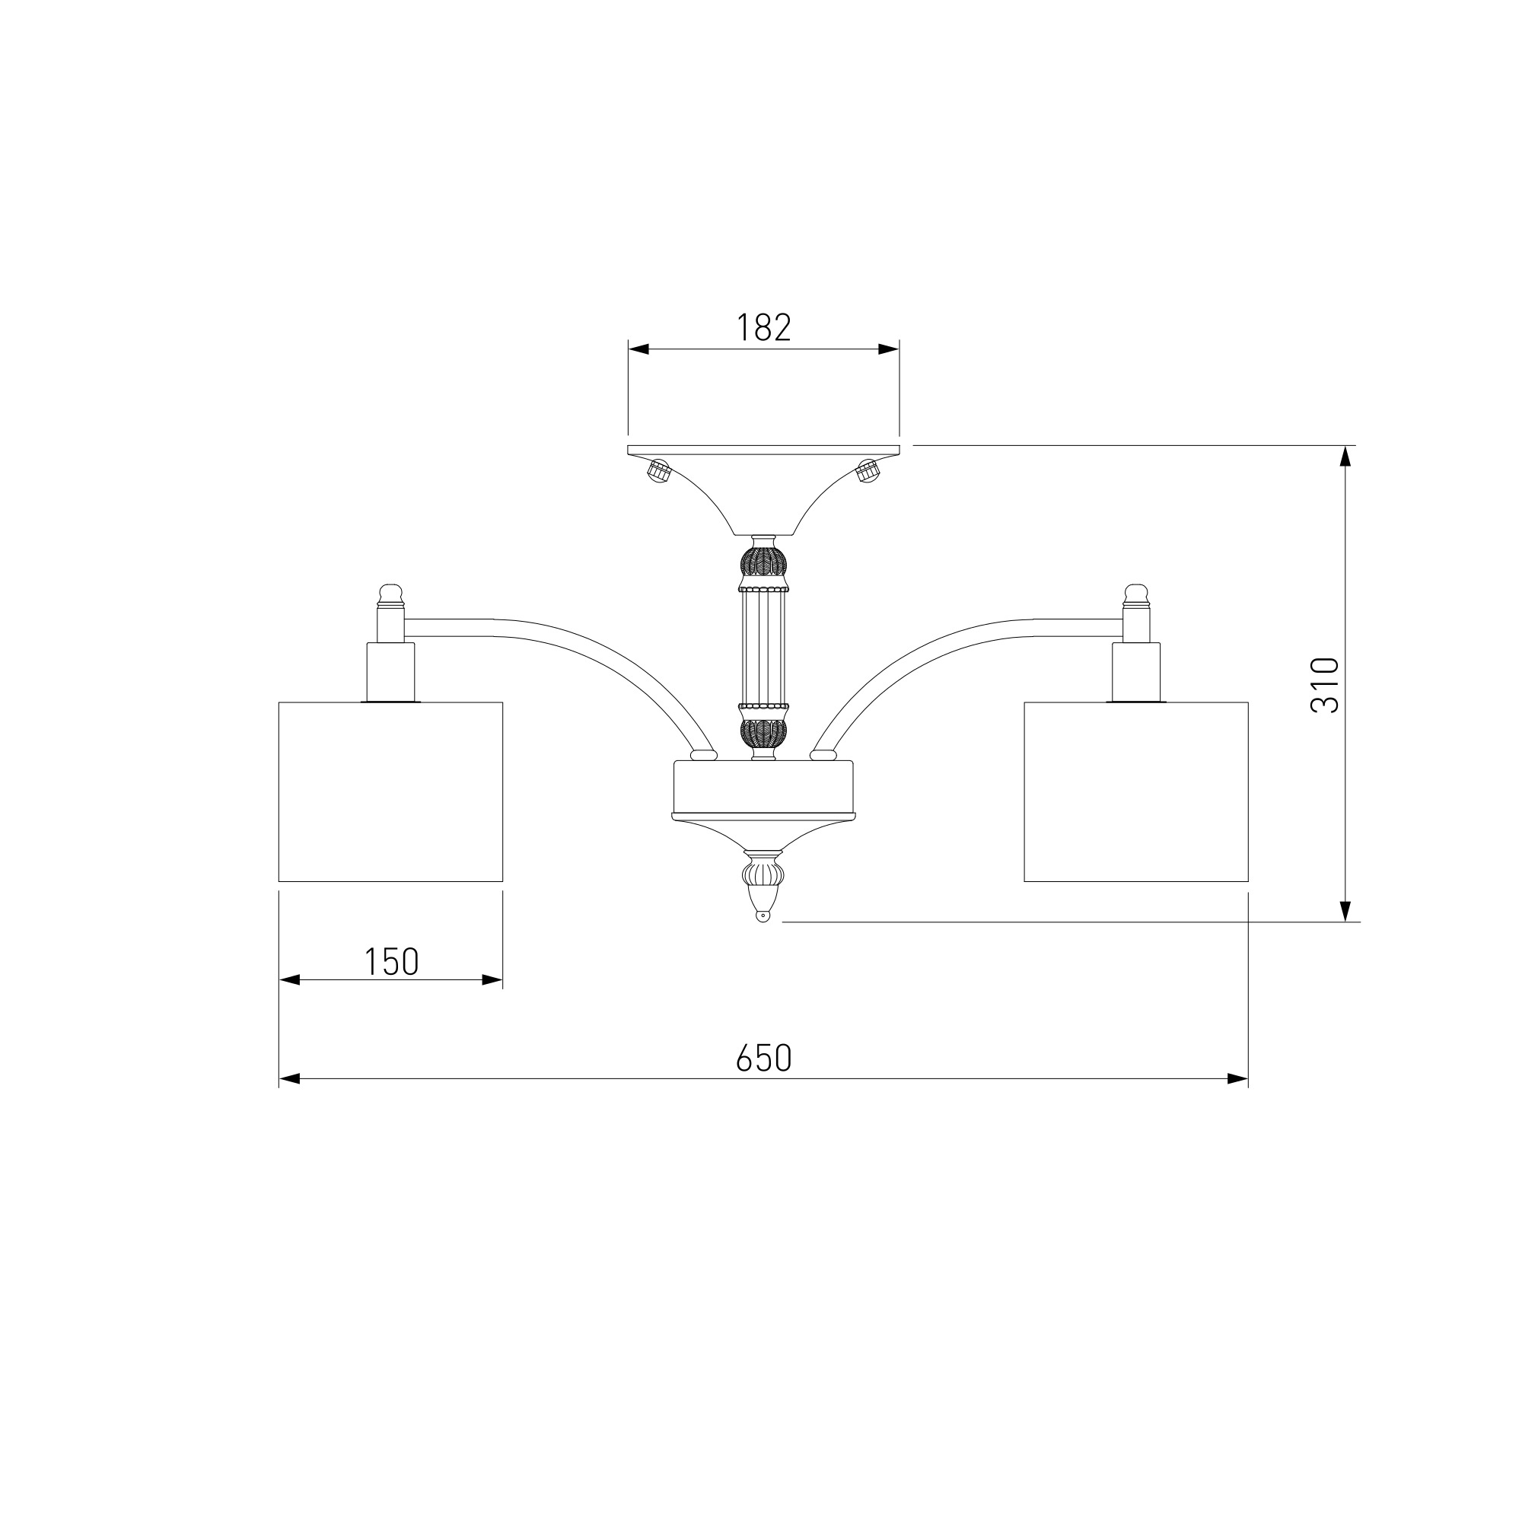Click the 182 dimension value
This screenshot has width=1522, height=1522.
click(763, 327)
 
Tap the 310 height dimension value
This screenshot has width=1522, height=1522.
click(1324, 685)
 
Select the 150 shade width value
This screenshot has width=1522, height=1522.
click(390, 961)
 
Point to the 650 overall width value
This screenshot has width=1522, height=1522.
click(763, 1058)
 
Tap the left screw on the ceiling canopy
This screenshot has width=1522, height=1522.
click(658, 472)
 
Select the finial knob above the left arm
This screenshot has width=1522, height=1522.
click(390, 596)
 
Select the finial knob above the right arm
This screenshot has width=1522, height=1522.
click(1136, 596)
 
